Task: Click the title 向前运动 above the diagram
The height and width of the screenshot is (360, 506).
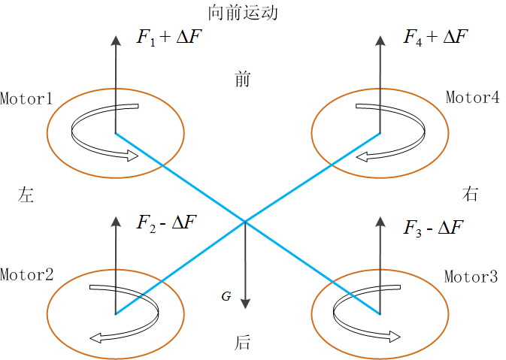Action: (243, 13)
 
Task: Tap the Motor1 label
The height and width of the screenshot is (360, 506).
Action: (26, 98)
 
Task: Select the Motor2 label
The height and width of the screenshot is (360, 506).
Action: (27, 274)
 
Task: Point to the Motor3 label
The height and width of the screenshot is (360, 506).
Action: (471, 277)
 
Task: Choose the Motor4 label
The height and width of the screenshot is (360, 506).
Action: (472, 97)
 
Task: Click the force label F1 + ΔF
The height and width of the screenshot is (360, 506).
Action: (169, 38)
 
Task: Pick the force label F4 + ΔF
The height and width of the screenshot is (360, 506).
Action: (435, 38)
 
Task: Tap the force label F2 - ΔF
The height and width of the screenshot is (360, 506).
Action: (166, 223)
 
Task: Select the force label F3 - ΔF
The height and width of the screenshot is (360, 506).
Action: (433, 228)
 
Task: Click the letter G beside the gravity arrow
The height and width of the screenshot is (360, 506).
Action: (226, 296)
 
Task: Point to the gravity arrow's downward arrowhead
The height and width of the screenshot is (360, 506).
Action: (246, 304)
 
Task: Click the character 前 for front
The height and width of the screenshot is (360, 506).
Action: (243, 80)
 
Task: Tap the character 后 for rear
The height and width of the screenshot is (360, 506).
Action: (242, 343)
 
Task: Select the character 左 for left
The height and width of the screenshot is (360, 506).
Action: (26, 195)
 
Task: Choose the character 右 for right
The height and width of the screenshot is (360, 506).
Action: (470, 194)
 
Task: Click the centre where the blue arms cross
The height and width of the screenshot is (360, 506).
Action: (245, 222)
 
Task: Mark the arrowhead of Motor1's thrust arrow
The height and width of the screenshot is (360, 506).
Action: (116, 41)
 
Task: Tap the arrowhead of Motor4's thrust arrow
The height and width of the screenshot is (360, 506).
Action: (380, 41)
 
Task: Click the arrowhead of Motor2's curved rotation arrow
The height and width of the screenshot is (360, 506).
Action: (95, 338)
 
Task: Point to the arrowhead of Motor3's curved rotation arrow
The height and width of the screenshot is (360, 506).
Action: (394, 337)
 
